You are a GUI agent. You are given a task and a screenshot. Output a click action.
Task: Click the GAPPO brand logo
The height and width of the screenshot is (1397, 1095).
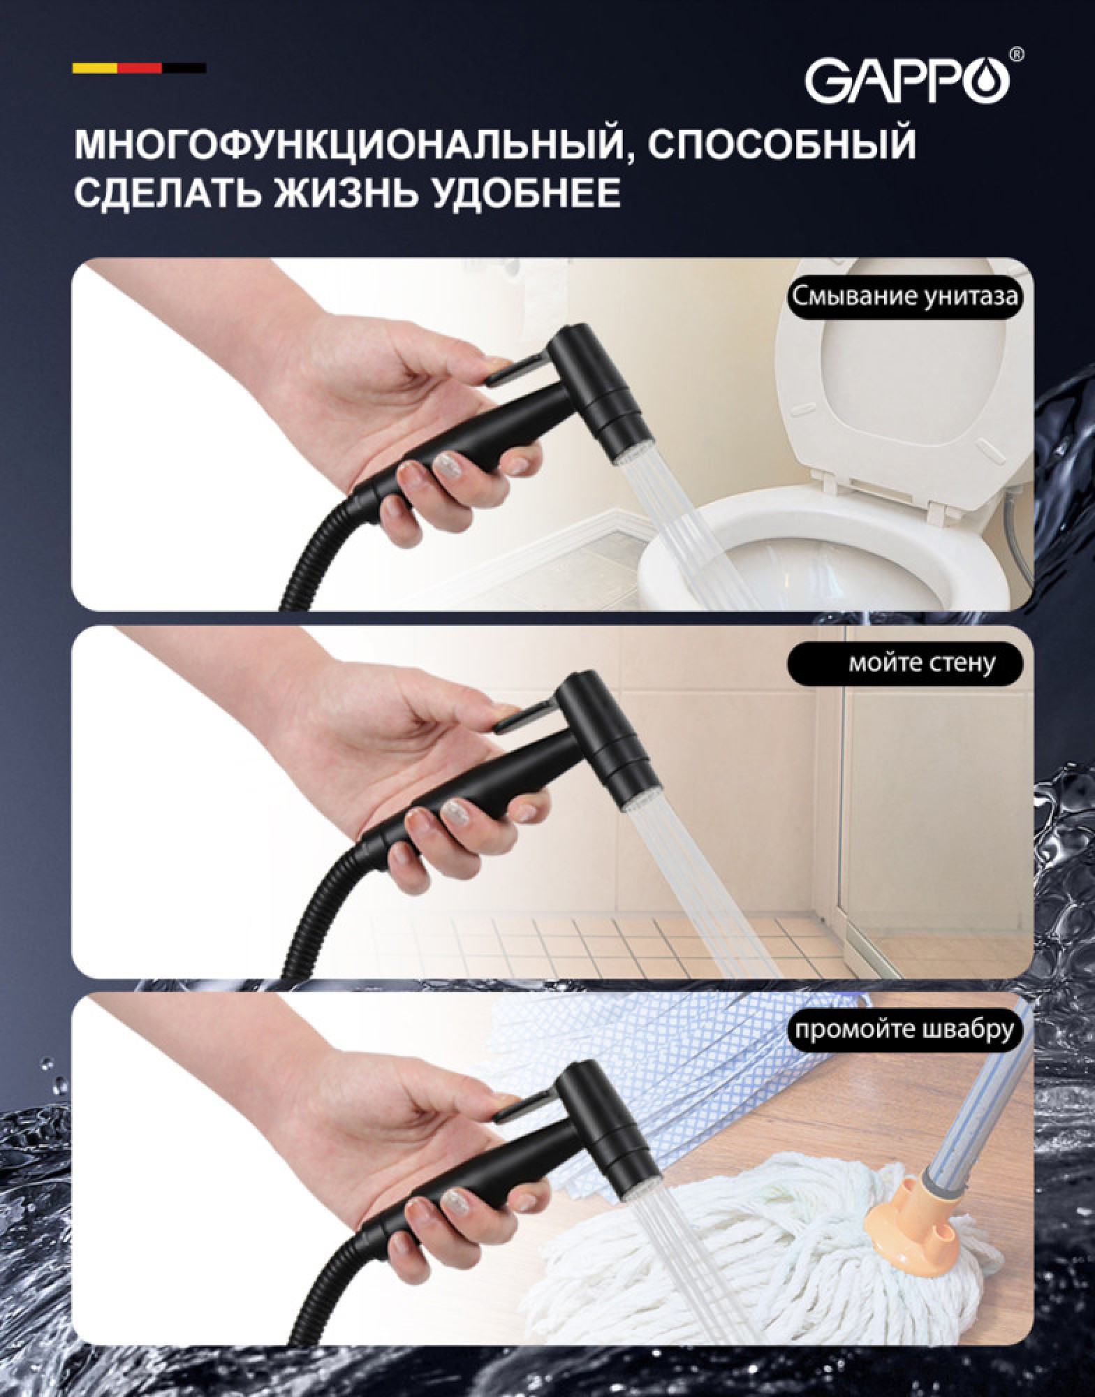tap(908, 79)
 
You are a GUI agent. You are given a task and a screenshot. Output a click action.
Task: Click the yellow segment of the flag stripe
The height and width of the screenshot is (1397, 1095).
tap(94, 68)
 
